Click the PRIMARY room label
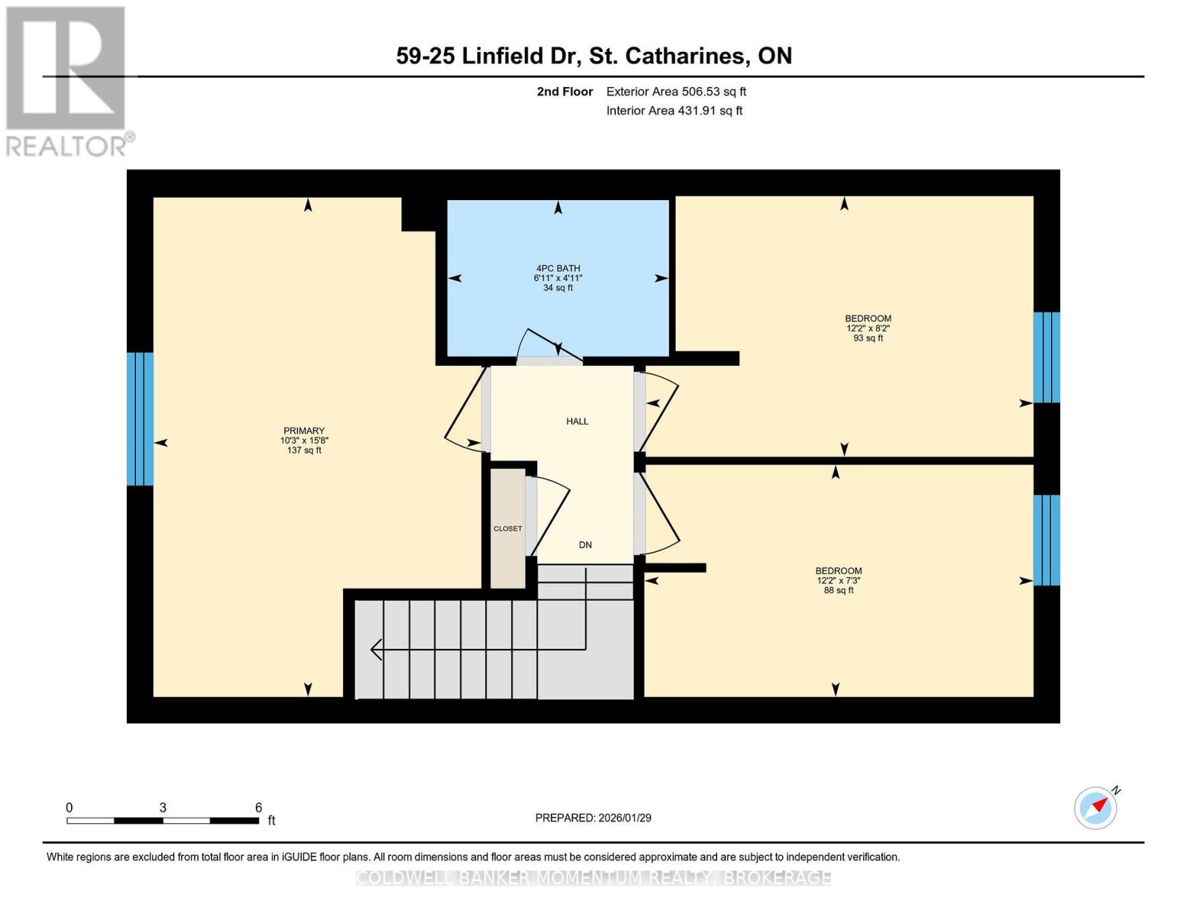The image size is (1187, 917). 303,430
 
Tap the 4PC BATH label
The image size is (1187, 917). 558,268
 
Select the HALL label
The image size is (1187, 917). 577,421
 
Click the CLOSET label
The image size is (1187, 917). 508,529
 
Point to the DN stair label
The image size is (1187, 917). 585,545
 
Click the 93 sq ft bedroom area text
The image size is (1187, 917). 868,338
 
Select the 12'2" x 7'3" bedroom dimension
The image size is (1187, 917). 838,581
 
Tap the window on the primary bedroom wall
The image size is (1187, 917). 140,419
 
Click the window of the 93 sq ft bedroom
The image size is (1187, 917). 1046,357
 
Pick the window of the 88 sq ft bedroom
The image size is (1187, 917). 1046,540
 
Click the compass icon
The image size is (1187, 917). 1095,808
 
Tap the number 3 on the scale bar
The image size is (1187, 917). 163,808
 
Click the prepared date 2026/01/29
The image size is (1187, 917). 625,818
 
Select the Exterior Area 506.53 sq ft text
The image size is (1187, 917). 676,92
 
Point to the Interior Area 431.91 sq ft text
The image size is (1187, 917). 674,111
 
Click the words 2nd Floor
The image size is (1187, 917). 565,92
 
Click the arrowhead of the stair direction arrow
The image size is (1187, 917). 376,650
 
